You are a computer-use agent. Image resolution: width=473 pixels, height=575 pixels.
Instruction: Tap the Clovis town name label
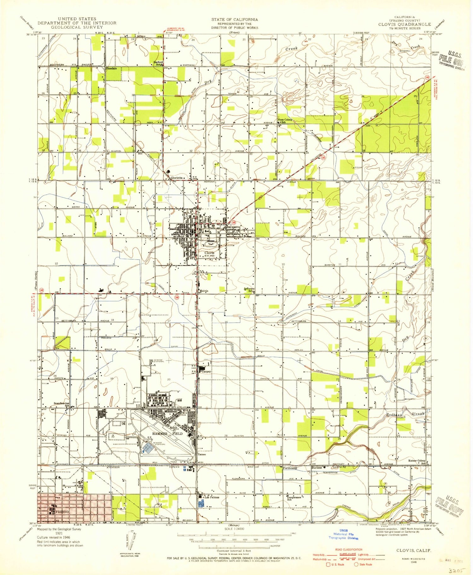(x=209, y=253)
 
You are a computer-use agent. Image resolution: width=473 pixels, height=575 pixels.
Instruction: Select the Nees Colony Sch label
(x=285, y=121)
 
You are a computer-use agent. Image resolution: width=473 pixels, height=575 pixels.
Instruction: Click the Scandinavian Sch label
(x=61, y=404)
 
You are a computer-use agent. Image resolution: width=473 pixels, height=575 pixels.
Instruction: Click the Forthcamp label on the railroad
(x=290, y=468)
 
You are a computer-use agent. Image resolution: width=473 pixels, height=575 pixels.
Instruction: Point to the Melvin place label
(x=204, y=291)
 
